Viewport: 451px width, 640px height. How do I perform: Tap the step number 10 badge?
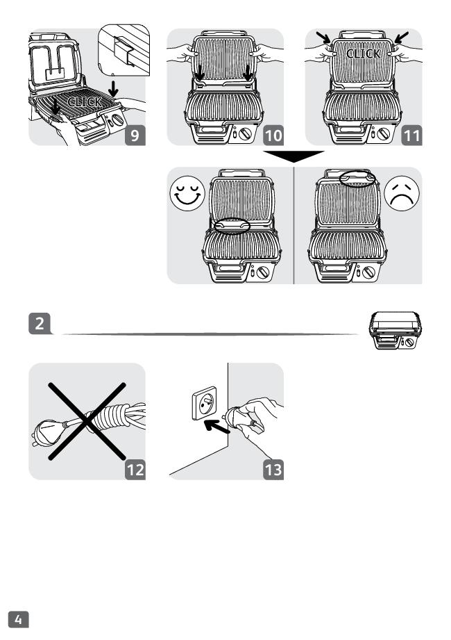pyautogui.click(x=273, y=134)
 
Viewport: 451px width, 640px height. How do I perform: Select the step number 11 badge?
pyautogui.click(x=411, y=134)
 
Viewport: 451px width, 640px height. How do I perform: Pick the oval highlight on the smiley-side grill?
pyautogui.click(x=232, y=224)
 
